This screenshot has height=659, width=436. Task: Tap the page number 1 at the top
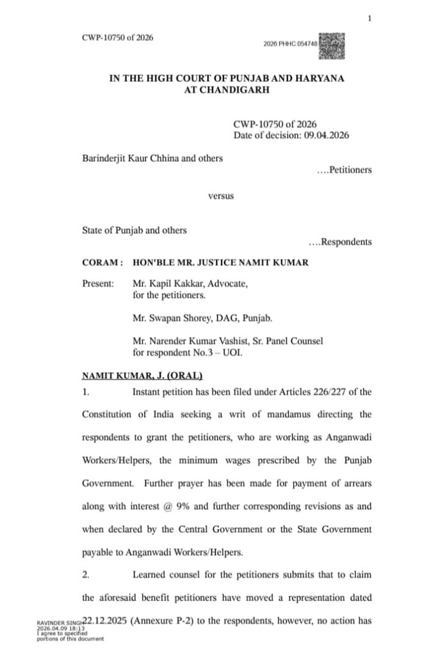(370, 18)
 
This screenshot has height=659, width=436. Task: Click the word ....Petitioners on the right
(344, 170)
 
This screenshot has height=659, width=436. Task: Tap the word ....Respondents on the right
(340, 242)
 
